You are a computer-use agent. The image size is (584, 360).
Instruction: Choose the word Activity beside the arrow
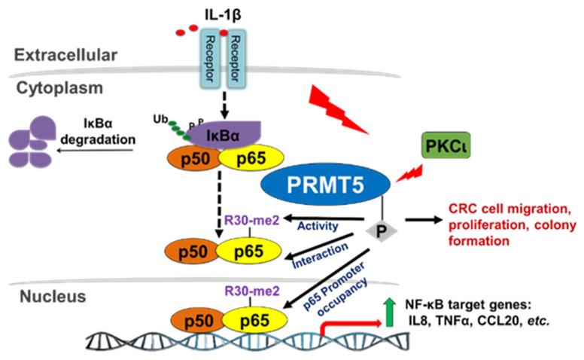tap(315, 224)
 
